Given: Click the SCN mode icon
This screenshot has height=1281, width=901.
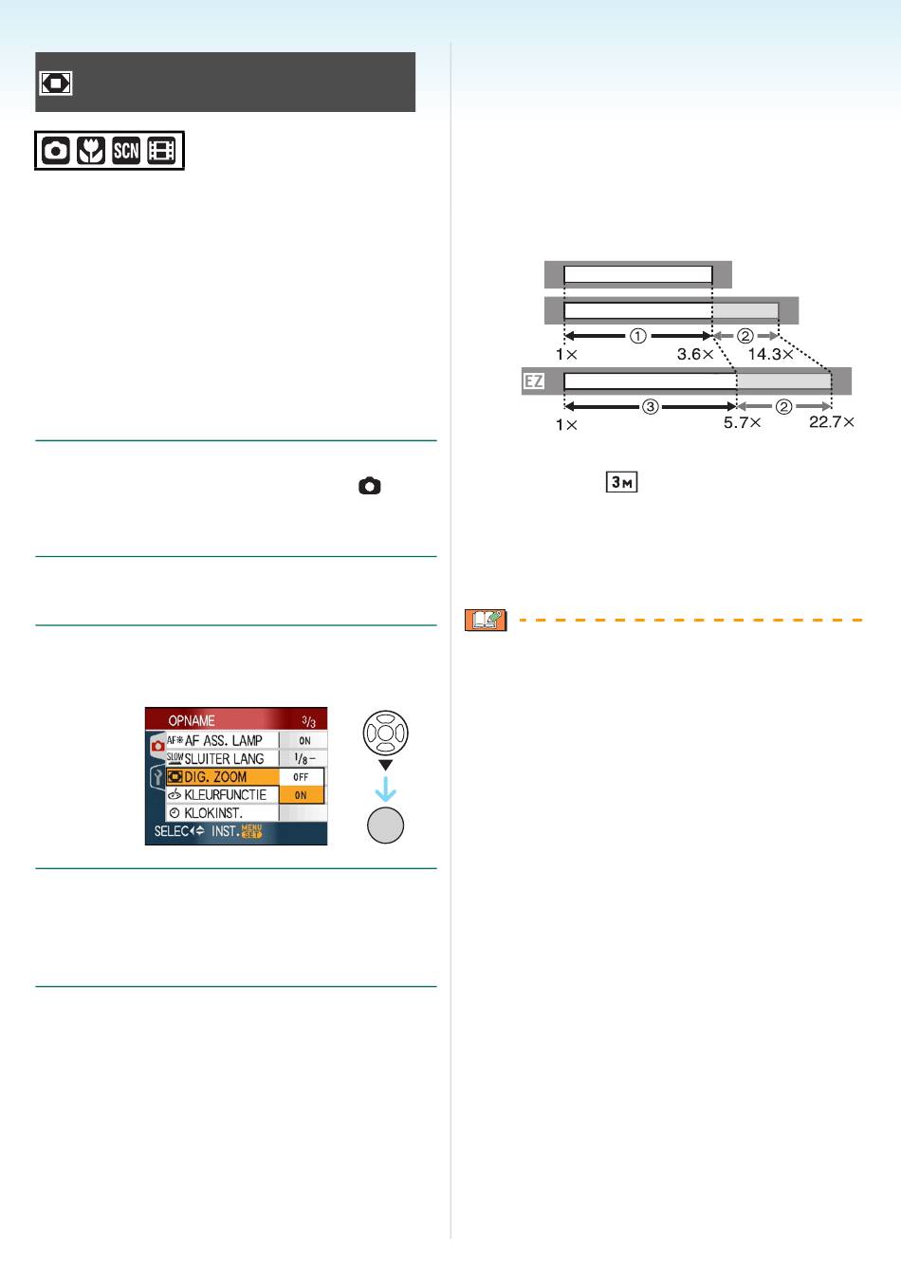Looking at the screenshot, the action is pyautogui.click(x=126, y=151).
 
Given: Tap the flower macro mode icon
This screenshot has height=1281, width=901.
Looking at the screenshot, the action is pyautogui.click(x=91, y=151).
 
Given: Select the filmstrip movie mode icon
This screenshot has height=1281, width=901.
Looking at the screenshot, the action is pyautogui.click(x=161, y=151).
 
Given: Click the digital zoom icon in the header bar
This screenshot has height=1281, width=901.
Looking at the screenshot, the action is pyautogui.click(x=55, y=83).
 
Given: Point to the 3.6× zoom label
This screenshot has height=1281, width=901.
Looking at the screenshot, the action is pyautogui.click(x=695, y=354).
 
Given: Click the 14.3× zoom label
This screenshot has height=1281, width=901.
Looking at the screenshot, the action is pyautogui.click(x=771, y=354).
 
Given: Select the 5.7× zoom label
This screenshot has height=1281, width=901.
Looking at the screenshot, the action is pyautogui.click(x=742, y=422).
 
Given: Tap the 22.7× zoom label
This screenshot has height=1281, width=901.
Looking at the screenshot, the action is pyautogui.click(x=831, y=422).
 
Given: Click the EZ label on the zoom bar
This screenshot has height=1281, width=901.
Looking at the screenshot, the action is pyautogui.click(x=533, y=381).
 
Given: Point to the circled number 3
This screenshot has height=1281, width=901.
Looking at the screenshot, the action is pyautogui.click(x=650, y=407).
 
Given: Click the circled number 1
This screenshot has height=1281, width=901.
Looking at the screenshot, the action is pyautogui.click(x=638, y=336).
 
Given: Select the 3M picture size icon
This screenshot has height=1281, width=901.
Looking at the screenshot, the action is pyautogui.click(x=621, y=482).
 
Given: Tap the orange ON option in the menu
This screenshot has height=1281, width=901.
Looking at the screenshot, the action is pyautogui.click(x=302, y=795).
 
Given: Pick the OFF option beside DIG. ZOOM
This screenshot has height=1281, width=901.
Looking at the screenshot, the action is pyautogui.click(x=302, y=776).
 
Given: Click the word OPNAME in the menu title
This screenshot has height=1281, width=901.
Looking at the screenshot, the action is pyautogui.click(x=192, y=720).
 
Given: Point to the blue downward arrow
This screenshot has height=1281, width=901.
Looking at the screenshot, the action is pyautogui.click(x=386, y=789).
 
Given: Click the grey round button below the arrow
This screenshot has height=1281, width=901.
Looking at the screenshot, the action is pyautogui.click(x=385, y=826).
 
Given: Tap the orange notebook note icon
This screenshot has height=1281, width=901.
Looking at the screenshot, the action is pyautogui.click(x=486, y=620).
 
